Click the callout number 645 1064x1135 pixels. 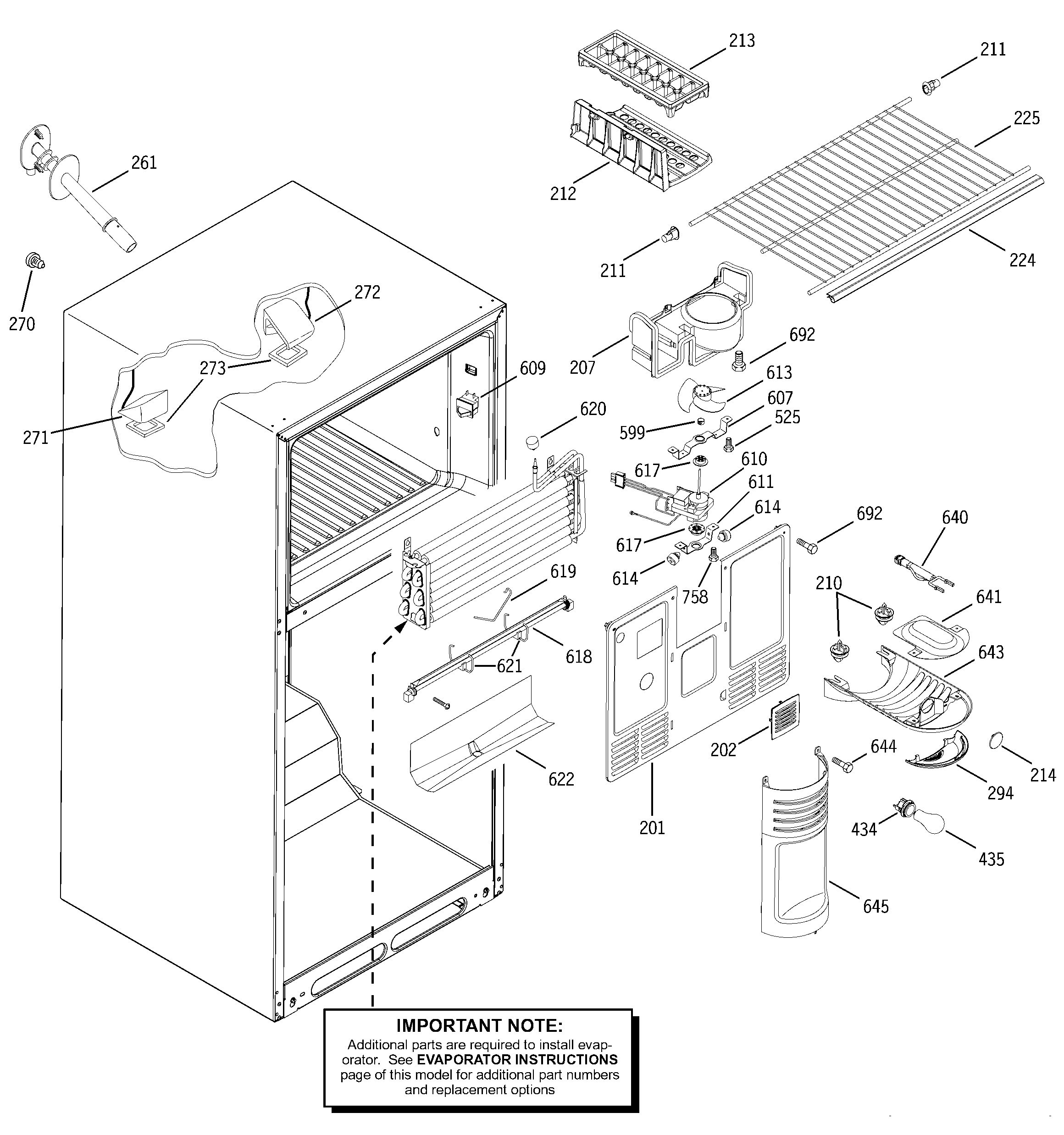(x=876, y=906)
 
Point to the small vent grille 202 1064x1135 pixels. (x=785, y=716)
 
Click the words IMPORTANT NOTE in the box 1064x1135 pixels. (x=479, y=1026)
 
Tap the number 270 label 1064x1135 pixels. (x=22, y=324)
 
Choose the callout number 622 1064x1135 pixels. (x=561, y=779)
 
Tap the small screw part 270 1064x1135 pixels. (x=35, y=262)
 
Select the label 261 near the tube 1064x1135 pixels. (x=144, y=163)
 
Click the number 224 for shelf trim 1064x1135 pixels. (x=1022, y=260)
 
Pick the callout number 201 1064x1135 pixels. (x=652, y=828)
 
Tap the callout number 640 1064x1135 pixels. (x=954, y=517)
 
